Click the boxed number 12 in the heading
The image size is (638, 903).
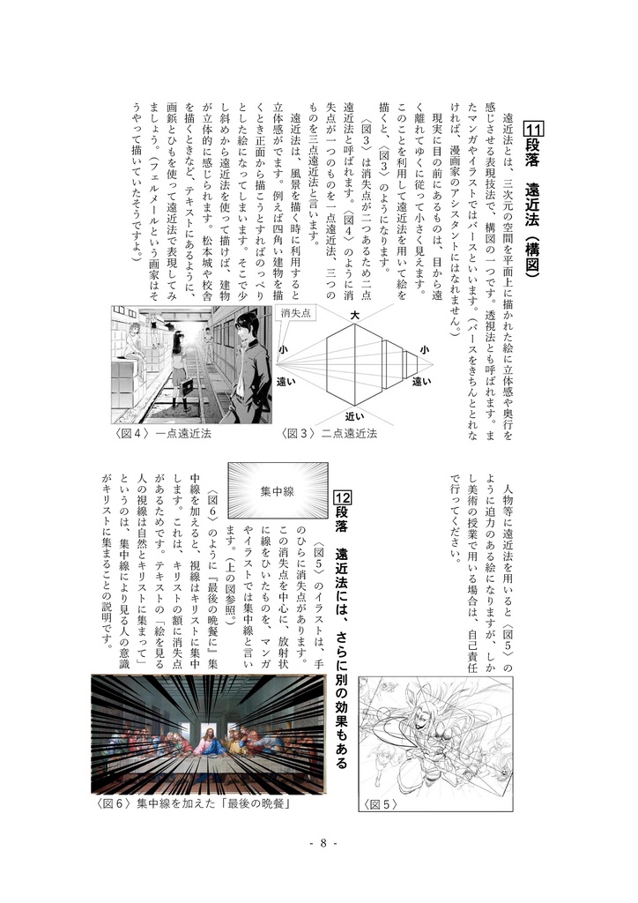[343, 500]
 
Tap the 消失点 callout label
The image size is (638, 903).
[296, 314]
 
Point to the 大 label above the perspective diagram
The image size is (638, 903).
[354, 315]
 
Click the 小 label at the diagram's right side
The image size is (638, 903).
[423, 350]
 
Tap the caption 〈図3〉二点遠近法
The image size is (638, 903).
[329, 433]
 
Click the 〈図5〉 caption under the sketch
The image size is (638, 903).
[381, 803]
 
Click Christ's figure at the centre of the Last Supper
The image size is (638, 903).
[211, 745]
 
